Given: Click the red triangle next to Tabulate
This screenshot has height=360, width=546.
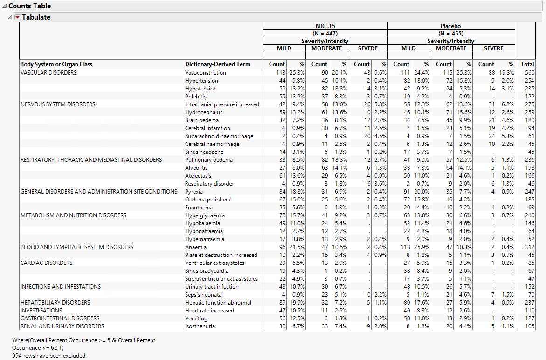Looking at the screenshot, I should pyautogui.click(x=18, y=17).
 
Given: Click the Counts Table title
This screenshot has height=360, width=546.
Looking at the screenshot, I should pyautogui.click(x=30, y=6).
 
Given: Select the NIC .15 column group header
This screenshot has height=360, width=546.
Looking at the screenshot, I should pyautogui.click(x=325, y=26).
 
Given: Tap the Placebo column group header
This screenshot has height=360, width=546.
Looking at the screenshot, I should pyautogui.click(x=450, y=26).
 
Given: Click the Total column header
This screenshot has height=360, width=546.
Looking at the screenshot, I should pyautogui.click(x=527, y=64).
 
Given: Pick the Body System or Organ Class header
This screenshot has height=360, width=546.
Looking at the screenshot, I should pyautogui.click(x=56, y=64).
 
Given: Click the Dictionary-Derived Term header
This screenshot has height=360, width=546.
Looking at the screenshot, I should pyautogui.click(x=217, y=64).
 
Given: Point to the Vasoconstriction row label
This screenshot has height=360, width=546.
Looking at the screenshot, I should pyautogui.click(x=205, y=73).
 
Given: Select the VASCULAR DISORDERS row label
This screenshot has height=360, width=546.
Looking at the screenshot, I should pyautogui.click(x=48, y=73).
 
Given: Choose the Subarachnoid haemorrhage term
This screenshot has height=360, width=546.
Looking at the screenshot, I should pyautogui.click(x=219, y=136).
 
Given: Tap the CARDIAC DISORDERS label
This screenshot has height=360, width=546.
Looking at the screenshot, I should pyautogui.click(x=46, y=263).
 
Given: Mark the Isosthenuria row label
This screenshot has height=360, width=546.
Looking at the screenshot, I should pyautogui.click(x=200, y=326).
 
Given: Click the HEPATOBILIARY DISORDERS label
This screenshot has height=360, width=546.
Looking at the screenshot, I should pyautogui.click(x=55, y=303).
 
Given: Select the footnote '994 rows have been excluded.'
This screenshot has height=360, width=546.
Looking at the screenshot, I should pyautogui.click(x=49, y=356).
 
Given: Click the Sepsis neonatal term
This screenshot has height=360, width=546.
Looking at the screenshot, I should pyautogui.click(x=204, y=295).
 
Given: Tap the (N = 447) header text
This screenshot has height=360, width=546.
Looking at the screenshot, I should pyautogui.click(x=325, y=34).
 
